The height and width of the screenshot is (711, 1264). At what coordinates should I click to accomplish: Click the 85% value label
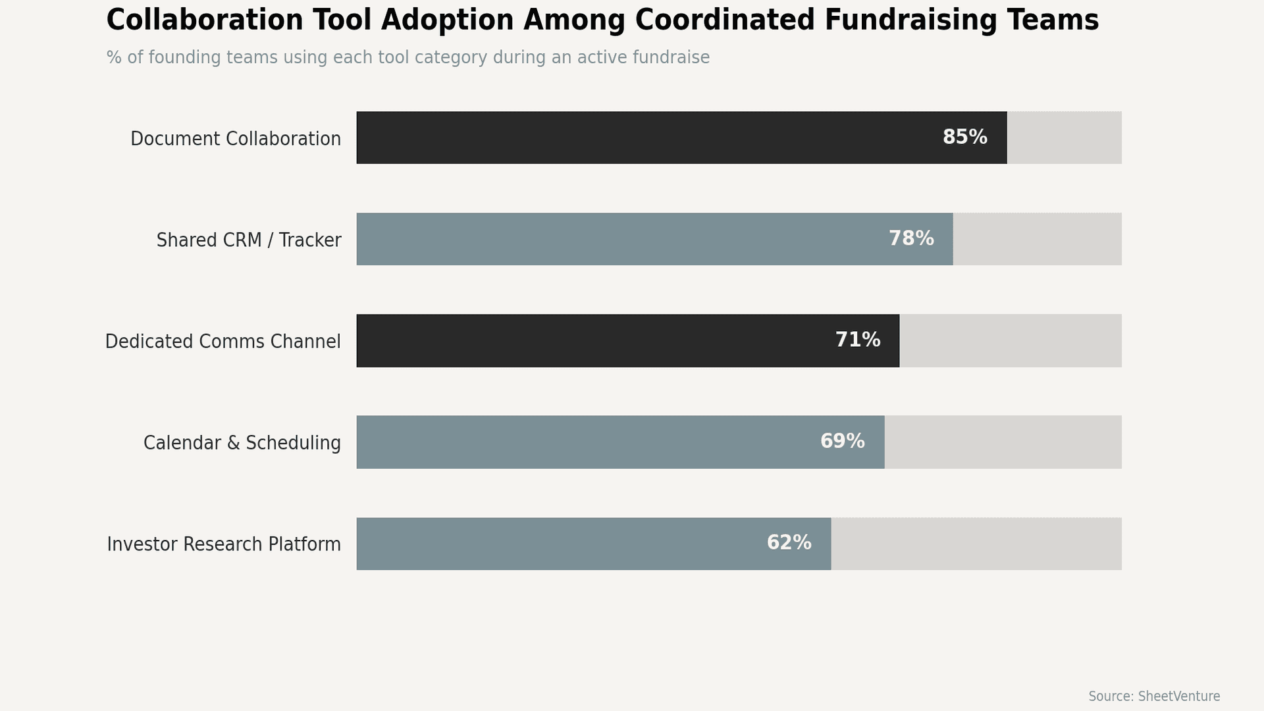(x=964, y=138)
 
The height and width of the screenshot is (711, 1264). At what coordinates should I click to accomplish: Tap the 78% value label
(x=911, y=239)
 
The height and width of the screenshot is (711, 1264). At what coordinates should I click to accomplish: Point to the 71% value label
(x=857, y=340)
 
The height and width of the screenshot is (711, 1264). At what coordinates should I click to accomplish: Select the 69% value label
(x=842, y=442)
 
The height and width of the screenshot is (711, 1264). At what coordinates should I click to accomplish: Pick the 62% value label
(x=789, y=543)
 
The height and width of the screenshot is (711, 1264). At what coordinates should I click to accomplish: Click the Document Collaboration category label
(x=236, y=139)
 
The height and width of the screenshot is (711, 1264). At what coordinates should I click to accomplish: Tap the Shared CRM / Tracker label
(x=249, y=240)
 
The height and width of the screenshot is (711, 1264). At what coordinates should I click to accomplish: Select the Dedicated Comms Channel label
(x=223, y=342)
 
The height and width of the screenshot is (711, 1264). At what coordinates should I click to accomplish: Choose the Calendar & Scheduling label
(x=242, y=443)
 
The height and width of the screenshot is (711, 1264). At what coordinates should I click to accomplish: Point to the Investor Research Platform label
(x=224, y=544)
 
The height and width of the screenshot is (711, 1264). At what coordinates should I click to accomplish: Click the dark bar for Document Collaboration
(x=645, y=138)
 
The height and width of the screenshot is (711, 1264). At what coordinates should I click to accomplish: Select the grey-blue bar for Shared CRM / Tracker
(x=619, y=239)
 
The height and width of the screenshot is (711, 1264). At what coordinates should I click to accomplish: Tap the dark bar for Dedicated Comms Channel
(x=592, y=340)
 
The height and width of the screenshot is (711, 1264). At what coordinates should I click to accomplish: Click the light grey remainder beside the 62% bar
(x=976, y=544)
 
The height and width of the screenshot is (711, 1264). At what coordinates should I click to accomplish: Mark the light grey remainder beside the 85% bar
(x=1064, y=138)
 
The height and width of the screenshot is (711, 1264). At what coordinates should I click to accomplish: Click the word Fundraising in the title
(x=910, y=20)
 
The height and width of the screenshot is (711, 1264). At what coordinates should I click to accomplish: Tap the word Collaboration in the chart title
(x=205, y=20)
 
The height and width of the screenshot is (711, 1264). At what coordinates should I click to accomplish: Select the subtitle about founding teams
(x=408, y=58)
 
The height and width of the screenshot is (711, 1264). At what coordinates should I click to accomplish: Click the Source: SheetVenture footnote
(x=1153, y=697)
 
